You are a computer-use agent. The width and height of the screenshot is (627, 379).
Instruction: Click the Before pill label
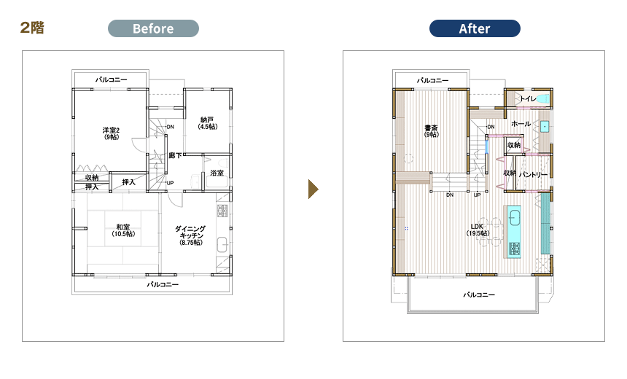click(x=153, y=28)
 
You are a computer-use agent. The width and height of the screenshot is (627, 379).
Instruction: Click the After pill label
click(x=475, y=28)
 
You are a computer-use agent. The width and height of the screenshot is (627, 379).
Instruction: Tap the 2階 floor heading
click(x=32, y=28)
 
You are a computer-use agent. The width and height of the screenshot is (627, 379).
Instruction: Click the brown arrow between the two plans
click(x=313, y=189)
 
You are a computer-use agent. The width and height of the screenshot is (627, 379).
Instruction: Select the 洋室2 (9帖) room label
click(x=111, y=133)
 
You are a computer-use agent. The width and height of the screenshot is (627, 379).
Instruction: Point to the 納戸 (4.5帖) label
click(x=208, y=123)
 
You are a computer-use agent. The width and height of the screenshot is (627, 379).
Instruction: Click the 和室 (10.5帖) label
click(x=123, y=230)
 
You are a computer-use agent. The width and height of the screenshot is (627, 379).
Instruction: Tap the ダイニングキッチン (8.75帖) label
click(x=190, y=235)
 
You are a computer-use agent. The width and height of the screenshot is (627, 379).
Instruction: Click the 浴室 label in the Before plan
click(x=217, y=173)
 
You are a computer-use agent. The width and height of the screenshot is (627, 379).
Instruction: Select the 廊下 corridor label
click(x=175, y=155)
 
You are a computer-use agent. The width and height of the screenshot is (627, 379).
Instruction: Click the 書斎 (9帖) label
click(x=432, y=131)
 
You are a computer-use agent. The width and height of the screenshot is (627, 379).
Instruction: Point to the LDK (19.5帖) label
click(x=478, y=230)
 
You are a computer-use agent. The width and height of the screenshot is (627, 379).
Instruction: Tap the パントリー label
click(x=533, y=175)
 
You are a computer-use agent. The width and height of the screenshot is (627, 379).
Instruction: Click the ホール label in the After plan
click(x=521, y=124)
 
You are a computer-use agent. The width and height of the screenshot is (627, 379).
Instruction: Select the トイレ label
click(x=528, y=98)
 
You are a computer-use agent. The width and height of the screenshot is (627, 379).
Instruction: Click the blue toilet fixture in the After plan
click(x=542, y=98)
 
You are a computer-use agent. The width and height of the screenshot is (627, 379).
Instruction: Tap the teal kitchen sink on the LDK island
click(x=514, y=217)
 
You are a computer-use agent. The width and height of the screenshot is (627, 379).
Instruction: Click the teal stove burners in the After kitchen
click(x=515, y=249)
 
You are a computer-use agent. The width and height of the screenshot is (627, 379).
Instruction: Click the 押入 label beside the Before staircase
click(x=129, y=182)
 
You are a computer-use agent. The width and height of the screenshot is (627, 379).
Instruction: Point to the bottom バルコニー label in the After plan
click(x=479, y=294)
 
